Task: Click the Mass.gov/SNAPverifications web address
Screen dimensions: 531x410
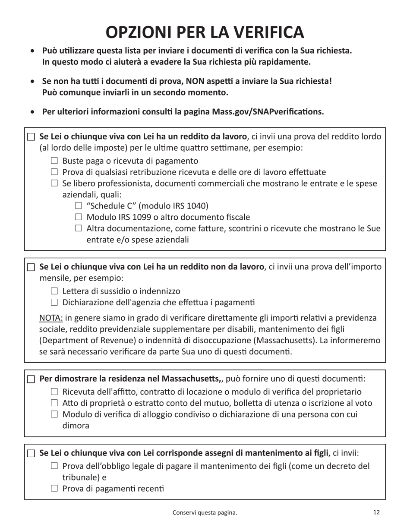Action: [268, 112]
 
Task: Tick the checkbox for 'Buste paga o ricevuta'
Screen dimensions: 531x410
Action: [54, 161]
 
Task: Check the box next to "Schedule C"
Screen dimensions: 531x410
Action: [78, 206]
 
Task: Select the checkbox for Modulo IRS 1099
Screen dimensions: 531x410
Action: [78, 217]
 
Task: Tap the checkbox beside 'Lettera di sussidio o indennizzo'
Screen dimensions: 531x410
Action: [54, 291]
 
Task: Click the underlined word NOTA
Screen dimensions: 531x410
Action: [51, 318]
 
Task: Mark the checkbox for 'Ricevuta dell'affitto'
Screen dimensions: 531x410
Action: [54, 392]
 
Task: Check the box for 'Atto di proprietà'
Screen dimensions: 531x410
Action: [54, 404]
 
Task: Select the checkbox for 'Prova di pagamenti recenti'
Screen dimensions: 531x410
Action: [54, 489]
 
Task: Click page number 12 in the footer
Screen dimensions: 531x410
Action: [376, 512]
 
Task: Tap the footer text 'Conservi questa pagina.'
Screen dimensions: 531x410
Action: [205, 513]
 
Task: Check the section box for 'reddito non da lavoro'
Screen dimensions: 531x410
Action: [31, 267]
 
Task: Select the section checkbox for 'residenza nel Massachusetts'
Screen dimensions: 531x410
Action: [31, 379]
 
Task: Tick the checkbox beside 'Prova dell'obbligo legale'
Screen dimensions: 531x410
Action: [54, 466]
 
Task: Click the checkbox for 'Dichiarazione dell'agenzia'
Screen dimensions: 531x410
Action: [54, 303]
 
